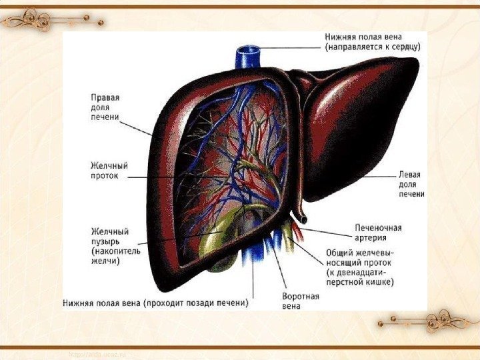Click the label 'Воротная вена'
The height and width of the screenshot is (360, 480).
point(301,301)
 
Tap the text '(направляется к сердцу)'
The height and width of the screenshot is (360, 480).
point(371,48)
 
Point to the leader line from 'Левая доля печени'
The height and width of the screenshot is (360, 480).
point(383,175)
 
